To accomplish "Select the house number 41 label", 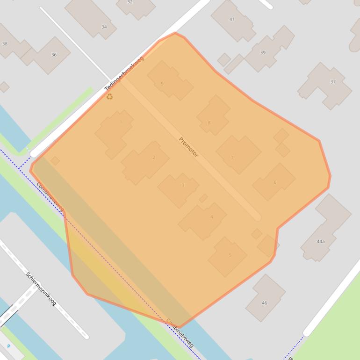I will click(x=232, y=19).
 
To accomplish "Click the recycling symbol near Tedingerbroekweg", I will click(x=109, y=97).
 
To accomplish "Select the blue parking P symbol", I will click(x=8, y=346).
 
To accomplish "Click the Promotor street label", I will click(x=188, y=147).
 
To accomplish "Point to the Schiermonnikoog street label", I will click(x=41, y=288).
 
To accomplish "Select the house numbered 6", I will click(x=275, y=182).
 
